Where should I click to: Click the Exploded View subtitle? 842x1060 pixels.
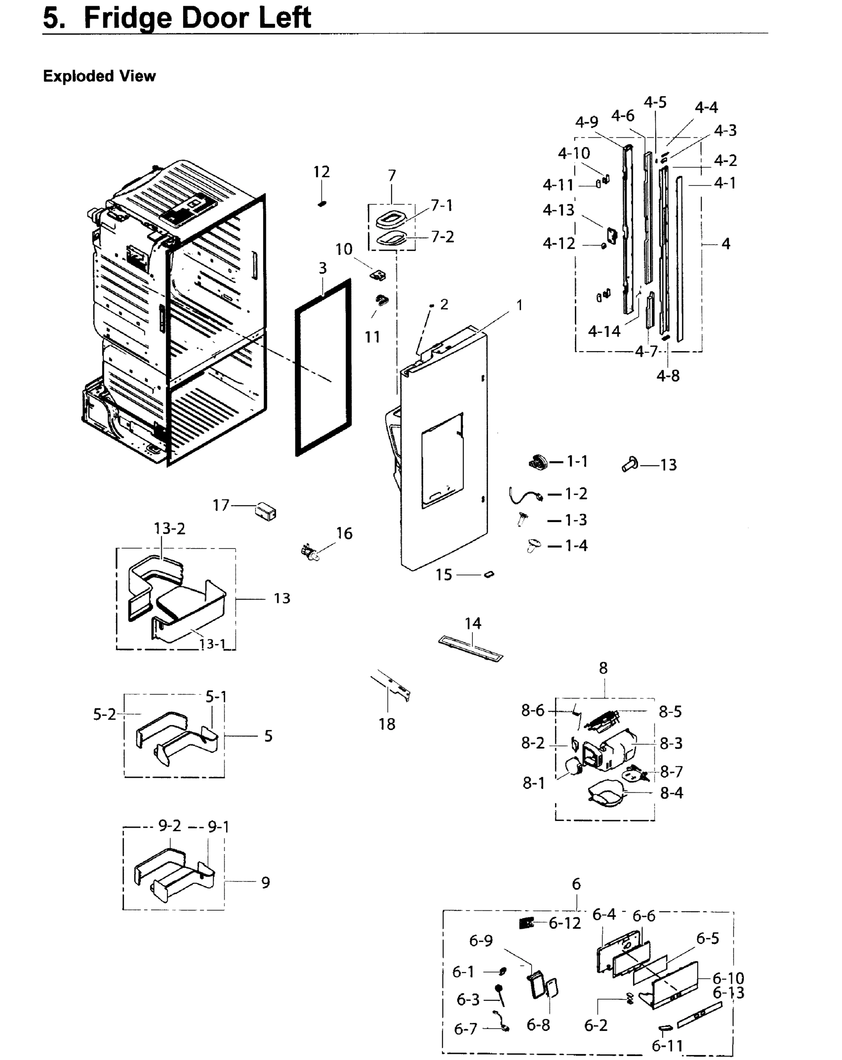[x=99, y=76]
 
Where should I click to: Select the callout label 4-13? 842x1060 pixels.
[x=559, y=210]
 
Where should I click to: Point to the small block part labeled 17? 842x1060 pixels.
[x=266, y=512]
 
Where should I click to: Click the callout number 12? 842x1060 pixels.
[x=321, y=172]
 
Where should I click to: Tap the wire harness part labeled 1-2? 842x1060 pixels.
[x=524, y=495]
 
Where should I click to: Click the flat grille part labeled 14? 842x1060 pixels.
[x=471, y=649]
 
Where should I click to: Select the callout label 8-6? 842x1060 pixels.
[x=533, y=711]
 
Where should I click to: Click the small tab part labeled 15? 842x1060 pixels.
[x=489, y=574]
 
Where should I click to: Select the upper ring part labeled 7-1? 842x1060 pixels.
[x=391, y=218]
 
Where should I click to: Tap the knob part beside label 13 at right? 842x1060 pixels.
[x=630, y=463]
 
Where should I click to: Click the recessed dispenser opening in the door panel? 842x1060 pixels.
[x=442, y=460]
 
